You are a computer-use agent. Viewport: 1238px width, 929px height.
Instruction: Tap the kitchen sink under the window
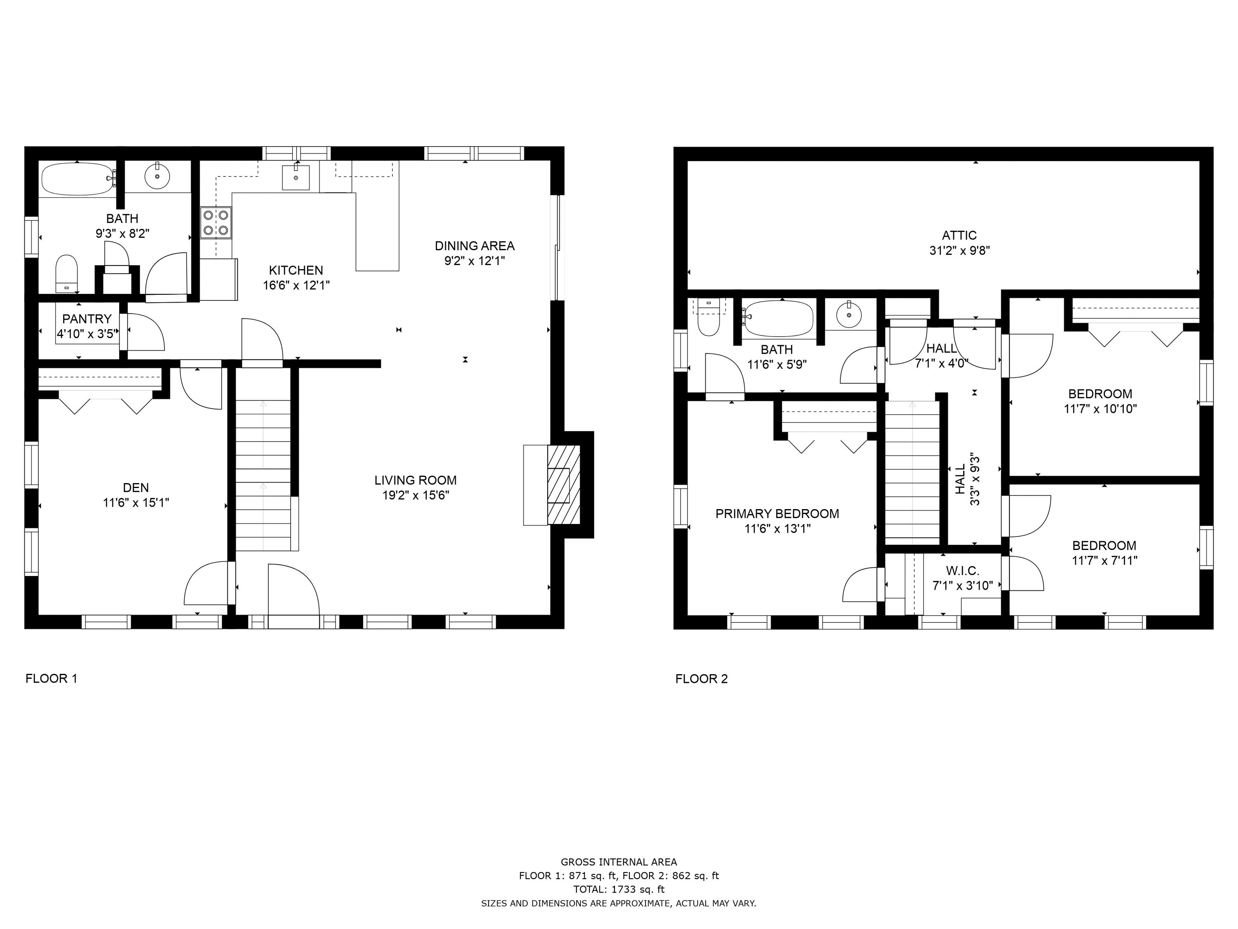295,178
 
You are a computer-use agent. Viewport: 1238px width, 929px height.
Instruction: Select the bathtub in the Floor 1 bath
77,179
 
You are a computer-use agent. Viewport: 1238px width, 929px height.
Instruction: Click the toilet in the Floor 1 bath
66,274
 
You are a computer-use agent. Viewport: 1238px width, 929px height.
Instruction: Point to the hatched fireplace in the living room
563,485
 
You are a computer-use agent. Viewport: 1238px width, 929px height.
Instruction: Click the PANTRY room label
87,319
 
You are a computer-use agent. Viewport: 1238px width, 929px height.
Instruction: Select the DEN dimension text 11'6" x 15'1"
136,503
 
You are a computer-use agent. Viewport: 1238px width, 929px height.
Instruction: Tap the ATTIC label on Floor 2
959,236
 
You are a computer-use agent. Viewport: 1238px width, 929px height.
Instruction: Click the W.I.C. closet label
963,571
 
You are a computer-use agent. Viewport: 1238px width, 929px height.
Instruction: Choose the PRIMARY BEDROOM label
777,514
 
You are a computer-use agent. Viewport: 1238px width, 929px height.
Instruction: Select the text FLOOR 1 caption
51,679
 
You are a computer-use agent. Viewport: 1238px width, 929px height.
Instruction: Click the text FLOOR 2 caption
701,679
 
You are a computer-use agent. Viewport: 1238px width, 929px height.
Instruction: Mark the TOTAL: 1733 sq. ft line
619,889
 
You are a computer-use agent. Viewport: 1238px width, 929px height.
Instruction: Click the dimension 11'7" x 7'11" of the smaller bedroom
1104,561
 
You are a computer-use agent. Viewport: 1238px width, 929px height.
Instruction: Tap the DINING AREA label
475,246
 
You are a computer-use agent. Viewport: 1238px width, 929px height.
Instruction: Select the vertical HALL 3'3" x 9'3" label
967,479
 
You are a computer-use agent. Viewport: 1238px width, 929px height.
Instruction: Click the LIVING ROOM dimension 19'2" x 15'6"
415,495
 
